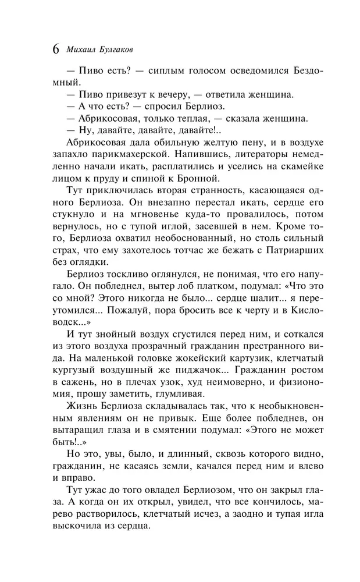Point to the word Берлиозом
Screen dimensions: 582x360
[188, 488]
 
